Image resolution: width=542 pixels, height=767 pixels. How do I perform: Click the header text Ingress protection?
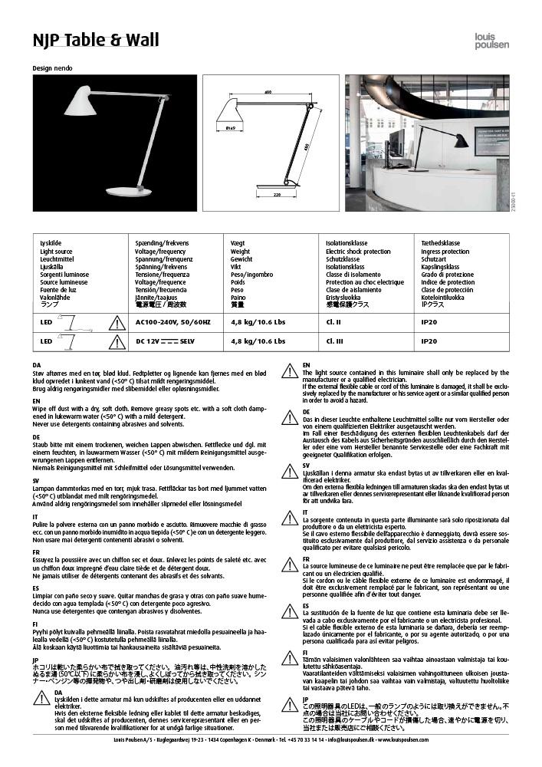445,252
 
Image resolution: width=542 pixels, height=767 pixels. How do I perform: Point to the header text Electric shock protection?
357,252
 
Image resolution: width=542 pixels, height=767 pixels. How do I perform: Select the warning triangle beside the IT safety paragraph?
290,515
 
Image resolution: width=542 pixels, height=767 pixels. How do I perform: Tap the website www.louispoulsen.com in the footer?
406,739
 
